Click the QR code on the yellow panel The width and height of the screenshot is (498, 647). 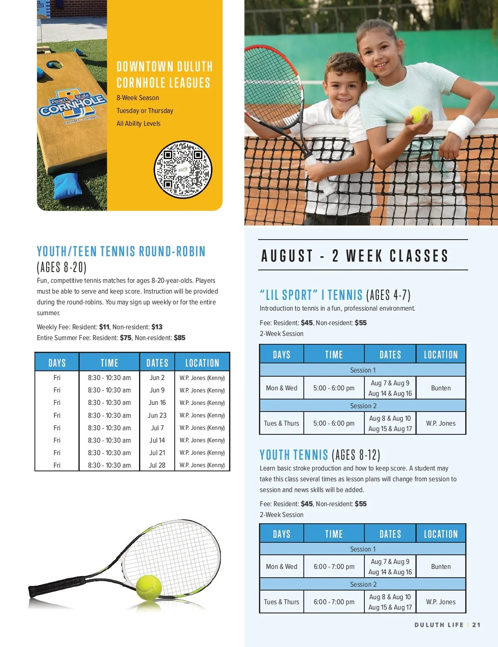(x=183, y=169)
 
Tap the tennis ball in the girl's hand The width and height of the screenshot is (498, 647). (x=418, y=114)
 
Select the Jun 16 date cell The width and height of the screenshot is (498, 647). (x=157, y=403)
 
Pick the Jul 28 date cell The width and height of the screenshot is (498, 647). (x=157, y=465)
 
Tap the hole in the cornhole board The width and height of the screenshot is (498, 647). (x=54, y=64)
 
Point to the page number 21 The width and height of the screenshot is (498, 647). (x=476, y=625)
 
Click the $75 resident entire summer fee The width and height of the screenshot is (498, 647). (x=126, y=338)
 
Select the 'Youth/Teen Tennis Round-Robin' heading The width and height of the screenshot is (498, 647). (x=121, y=252)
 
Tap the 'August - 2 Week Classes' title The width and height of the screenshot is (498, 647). (x=355, y=256)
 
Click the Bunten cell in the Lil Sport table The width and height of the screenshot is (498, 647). (x=440, y=388)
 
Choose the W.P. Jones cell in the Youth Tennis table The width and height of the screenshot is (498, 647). (x=440, y=602)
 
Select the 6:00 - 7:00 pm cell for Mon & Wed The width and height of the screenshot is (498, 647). (x=334, y=566)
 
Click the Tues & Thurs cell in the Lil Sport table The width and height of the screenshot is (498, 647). (x=281, y=423)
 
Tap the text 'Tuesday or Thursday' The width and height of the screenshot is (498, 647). (x=145, y=111)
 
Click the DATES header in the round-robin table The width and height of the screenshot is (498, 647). (x=157, y=363)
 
